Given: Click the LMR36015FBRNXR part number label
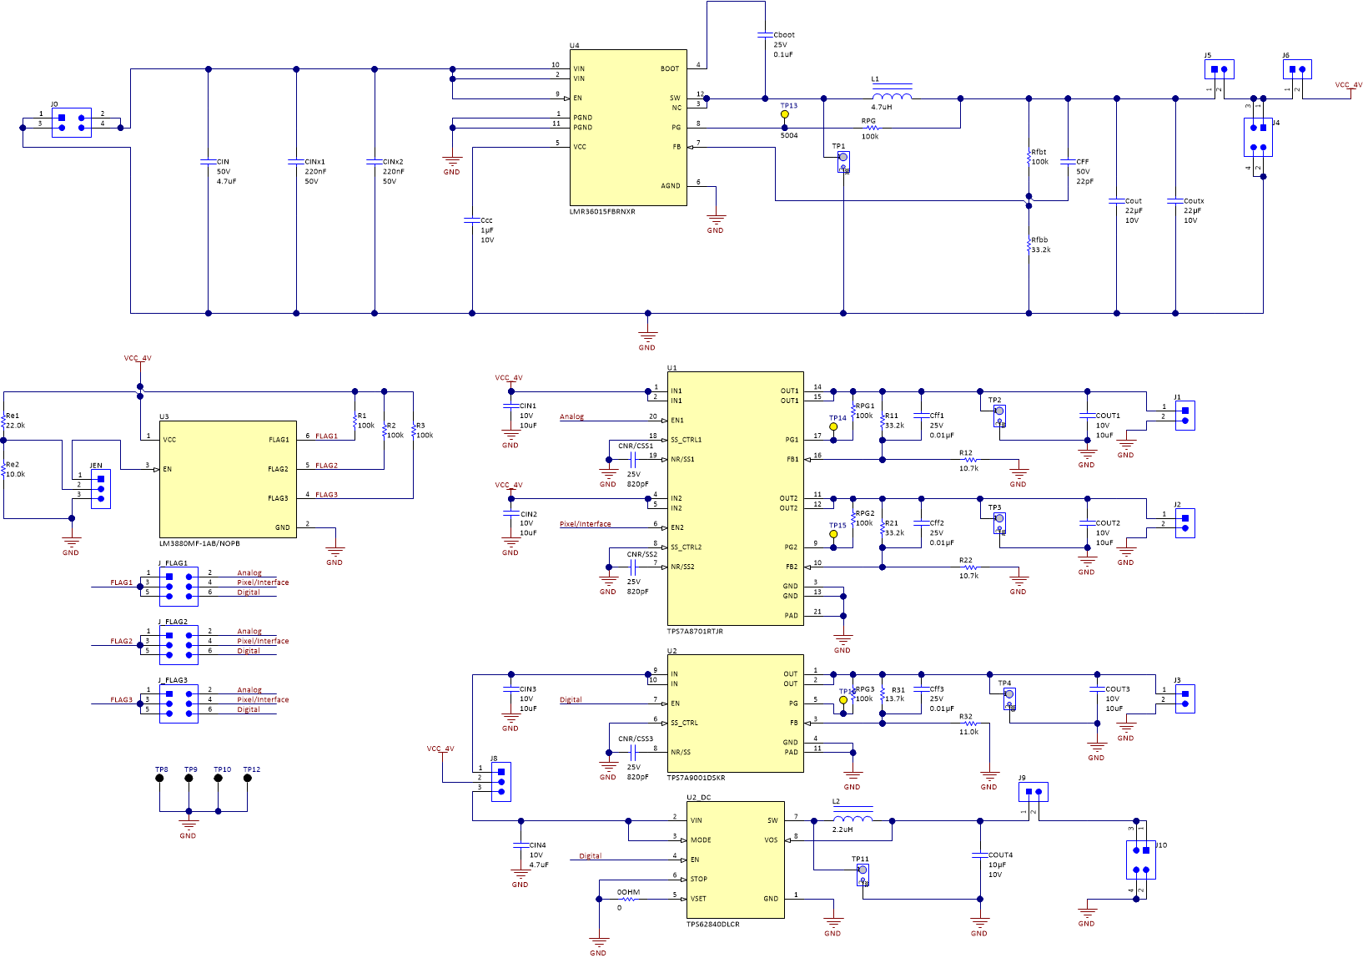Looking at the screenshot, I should pyautogui.click(x=602, y=212).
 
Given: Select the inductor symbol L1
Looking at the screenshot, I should pyautogui.click(x=892, y=95).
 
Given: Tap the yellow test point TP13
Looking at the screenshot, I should pyautogui.click(x=785, y=114).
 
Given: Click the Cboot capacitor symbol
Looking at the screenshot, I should pyautogui.click(x=765, y=35).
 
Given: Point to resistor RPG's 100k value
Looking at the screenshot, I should pyautogui.click(x=870, y=137).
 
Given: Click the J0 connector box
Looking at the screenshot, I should pyautogui.click(x=72, y=123).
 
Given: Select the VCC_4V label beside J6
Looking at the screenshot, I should pyautogui.click(x=1348, y=85).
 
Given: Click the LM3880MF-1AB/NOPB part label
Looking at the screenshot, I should pyautogui.click(x=199, y=544).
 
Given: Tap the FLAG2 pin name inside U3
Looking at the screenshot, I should pyautogui.click(x=278, y=469).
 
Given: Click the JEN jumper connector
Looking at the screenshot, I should pyautogui.click(x=101, y=489).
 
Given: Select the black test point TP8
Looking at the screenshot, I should pyautogui.click(x=159, y=779).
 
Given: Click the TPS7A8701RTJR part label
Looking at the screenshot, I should pyautogui.click(x=695, y=632).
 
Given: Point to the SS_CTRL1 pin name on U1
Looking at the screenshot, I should pyautogui.click(x=686, y=440).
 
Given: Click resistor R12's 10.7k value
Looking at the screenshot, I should pyautogui.click(x=968, y=469).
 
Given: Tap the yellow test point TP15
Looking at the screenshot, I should pyautogui.click(x=833, y=534).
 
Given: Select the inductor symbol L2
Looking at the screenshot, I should pyautogui.click(x=853, y=818).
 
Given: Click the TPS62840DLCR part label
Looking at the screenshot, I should pyautogui.click(x=712, y=925).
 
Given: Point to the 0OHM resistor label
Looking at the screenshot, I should pyautogui.click(x=628, y=892).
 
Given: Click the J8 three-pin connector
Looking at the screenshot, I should pyautogui.click(x=501, y=782).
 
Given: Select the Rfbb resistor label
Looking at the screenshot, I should pyautogui.click(x=1039, y=240).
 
